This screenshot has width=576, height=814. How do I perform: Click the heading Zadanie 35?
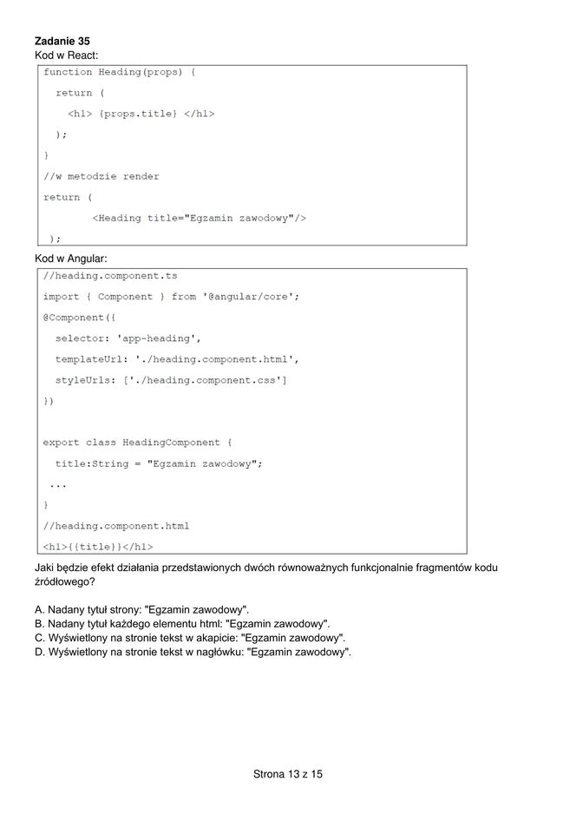pos(62,41)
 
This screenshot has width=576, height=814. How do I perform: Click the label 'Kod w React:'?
pos(67,55)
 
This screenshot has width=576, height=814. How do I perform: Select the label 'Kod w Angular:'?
pos(70,258)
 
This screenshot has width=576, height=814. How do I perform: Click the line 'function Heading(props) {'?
pos(120,72)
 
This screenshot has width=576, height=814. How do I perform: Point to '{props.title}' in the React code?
pos(139,114)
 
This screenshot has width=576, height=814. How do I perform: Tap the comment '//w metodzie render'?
pos(101,176)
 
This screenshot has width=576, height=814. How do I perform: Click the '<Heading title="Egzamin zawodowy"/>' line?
pos(199,218)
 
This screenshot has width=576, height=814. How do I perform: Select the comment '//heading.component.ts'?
pos(110,275)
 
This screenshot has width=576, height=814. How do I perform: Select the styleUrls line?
pos(171,380)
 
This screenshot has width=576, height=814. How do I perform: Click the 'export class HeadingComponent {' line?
pos(137,443)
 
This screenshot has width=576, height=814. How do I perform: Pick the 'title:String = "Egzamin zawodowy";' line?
pos(159,463)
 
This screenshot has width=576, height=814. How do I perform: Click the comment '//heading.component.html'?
pos(116,526)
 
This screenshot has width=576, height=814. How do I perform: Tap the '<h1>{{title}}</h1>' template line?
pos(98,547)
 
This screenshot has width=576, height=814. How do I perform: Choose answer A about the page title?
pos(142,610)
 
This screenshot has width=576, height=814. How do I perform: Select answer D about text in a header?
pos(193,652)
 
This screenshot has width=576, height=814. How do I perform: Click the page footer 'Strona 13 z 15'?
pos(288,773)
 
